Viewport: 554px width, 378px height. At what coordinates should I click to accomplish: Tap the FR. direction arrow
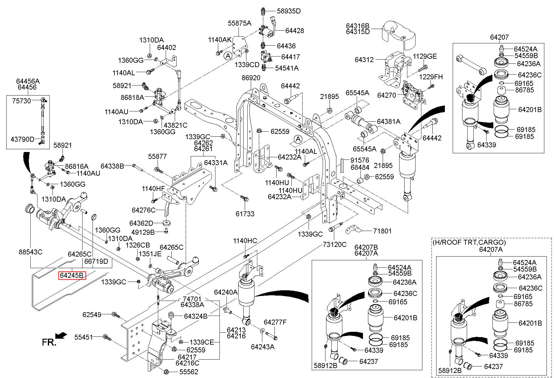[x=62, y=335]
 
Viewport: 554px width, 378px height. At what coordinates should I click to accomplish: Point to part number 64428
[x=295, y=31]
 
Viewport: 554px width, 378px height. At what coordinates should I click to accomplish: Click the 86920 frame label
[x=251, y=78]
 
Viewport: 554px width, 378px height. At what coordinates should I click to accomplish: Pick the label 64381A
[x=389, y=121]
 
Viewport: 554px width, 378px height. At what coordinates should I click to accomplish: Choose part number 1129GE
[x=425, y=56]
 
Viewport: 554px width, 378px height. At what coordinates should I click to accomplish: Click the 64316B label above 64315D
[x=358, y=25]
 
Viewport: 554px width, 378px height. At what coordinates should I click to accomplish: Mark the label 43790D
[x=23, y=139]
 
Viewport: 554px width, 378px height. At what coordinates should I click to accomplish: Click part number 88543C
[x=30, y=252]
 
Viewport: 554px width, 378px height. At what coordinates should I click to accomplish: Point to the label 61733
[x=245, y=214]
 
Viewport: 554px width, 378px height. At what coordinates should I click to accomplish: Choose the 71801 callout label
[x=382, y=231]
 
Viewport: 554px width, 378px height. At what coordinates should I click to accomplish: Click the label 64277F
[x=275, y=322]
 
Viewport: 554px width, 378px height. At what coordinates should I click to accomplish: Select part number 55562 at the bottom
[x=189, y=372]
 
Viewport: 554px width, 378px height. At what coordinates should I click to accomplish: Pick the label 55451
[x=83, y=337]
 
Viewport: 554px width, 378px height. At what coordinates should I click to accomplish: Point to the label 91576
[x=360, y=160]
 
